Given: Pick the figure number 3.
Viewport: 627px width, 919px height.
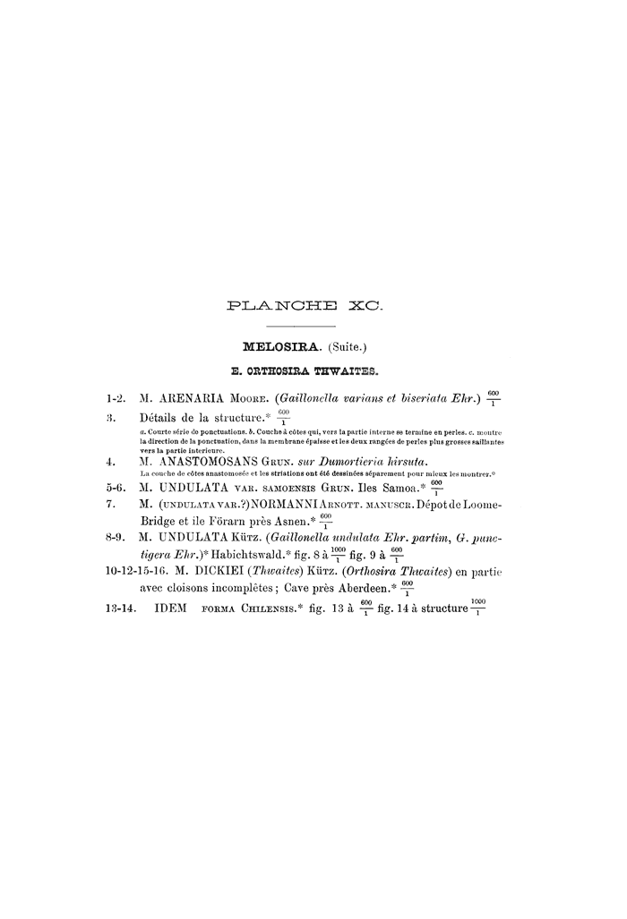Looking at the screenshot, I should pos(109,417).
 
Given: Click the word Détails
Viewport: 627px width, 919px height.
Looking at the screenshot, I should pos(164,417).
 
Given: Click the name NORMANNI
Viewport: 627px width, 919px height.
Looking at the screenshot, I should pos(280,506).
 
